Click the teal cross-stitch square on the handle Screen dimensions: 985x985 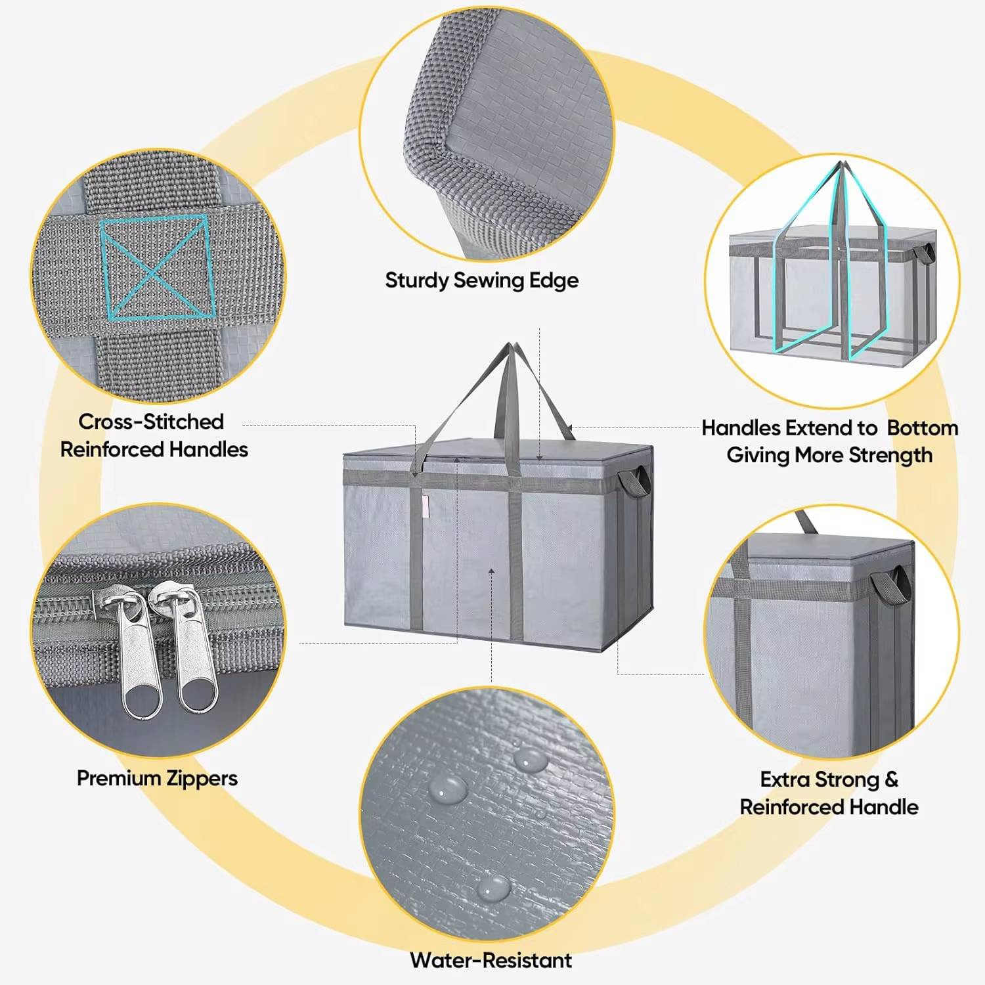point(157,268)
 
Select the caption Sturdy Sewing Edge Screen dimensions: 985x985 point(481,280)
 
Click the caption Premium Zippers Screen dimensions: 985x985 point(157,778)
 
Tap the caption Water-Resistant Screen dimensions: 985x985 point(491,960)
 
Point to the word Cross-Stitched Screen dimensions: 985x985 point(151,422)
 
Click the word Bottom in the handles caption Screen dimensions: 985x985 point(923,428)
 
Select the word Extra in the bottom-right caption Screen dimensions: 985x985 point(786,779)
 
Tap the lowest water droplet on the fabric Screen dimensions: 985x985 point(492,888)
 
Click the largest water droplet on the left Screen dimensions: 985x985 point(449,789)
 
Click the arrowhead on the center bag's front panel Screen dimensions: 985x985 point(491,572)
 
